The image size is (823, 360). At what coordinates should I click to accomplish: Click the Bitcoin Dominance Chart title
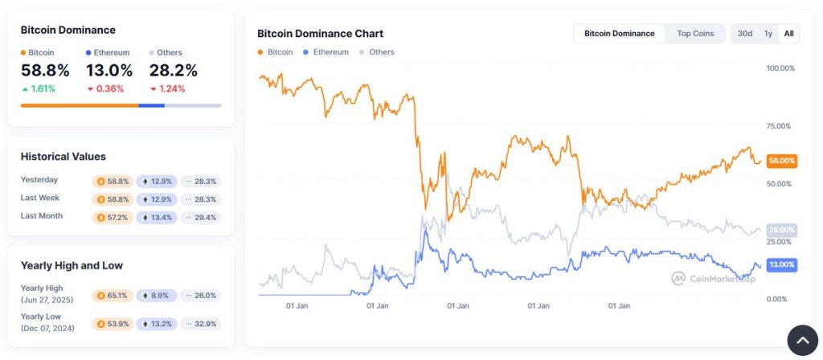coord(320,34)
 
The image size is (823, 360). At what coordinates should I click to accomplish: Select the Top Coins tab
coord(695,34)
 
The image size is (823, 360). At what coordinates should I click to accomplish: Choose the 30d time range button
coord(745,34)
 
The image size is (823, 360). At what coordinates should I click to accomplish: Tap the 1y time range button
coord(768,34)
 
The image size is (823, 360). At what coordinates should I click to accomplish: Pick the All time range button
coord(789,34)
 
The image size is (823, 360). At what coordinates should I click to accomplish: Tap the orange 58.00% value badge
coord(781,161)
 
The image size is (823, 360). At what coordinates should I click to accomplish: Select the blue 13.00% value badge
coord(781,264)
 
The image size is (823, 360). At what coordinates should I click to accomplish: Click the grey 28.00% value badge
coord(781,230)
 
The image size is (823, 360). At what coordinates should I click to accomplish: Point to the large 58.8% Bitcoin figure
coord(45,71)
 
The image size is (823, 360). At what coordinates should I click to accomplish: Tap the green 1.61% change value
coord(39,89)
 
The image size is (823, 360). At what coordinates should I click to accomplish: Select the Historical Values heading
coord(63,157)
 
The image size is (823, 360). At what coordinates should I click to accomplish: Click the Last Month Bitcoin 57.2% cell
coord(113,217)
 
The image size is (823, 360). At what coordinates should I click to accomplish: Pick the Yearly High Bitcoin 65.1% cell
coord(113,296)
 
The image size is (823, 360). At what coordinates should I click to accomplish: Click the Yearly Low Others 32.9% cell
coord(200,324)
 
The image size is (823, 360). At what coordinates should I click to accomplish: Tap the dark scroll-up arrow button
coord(802,340)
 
